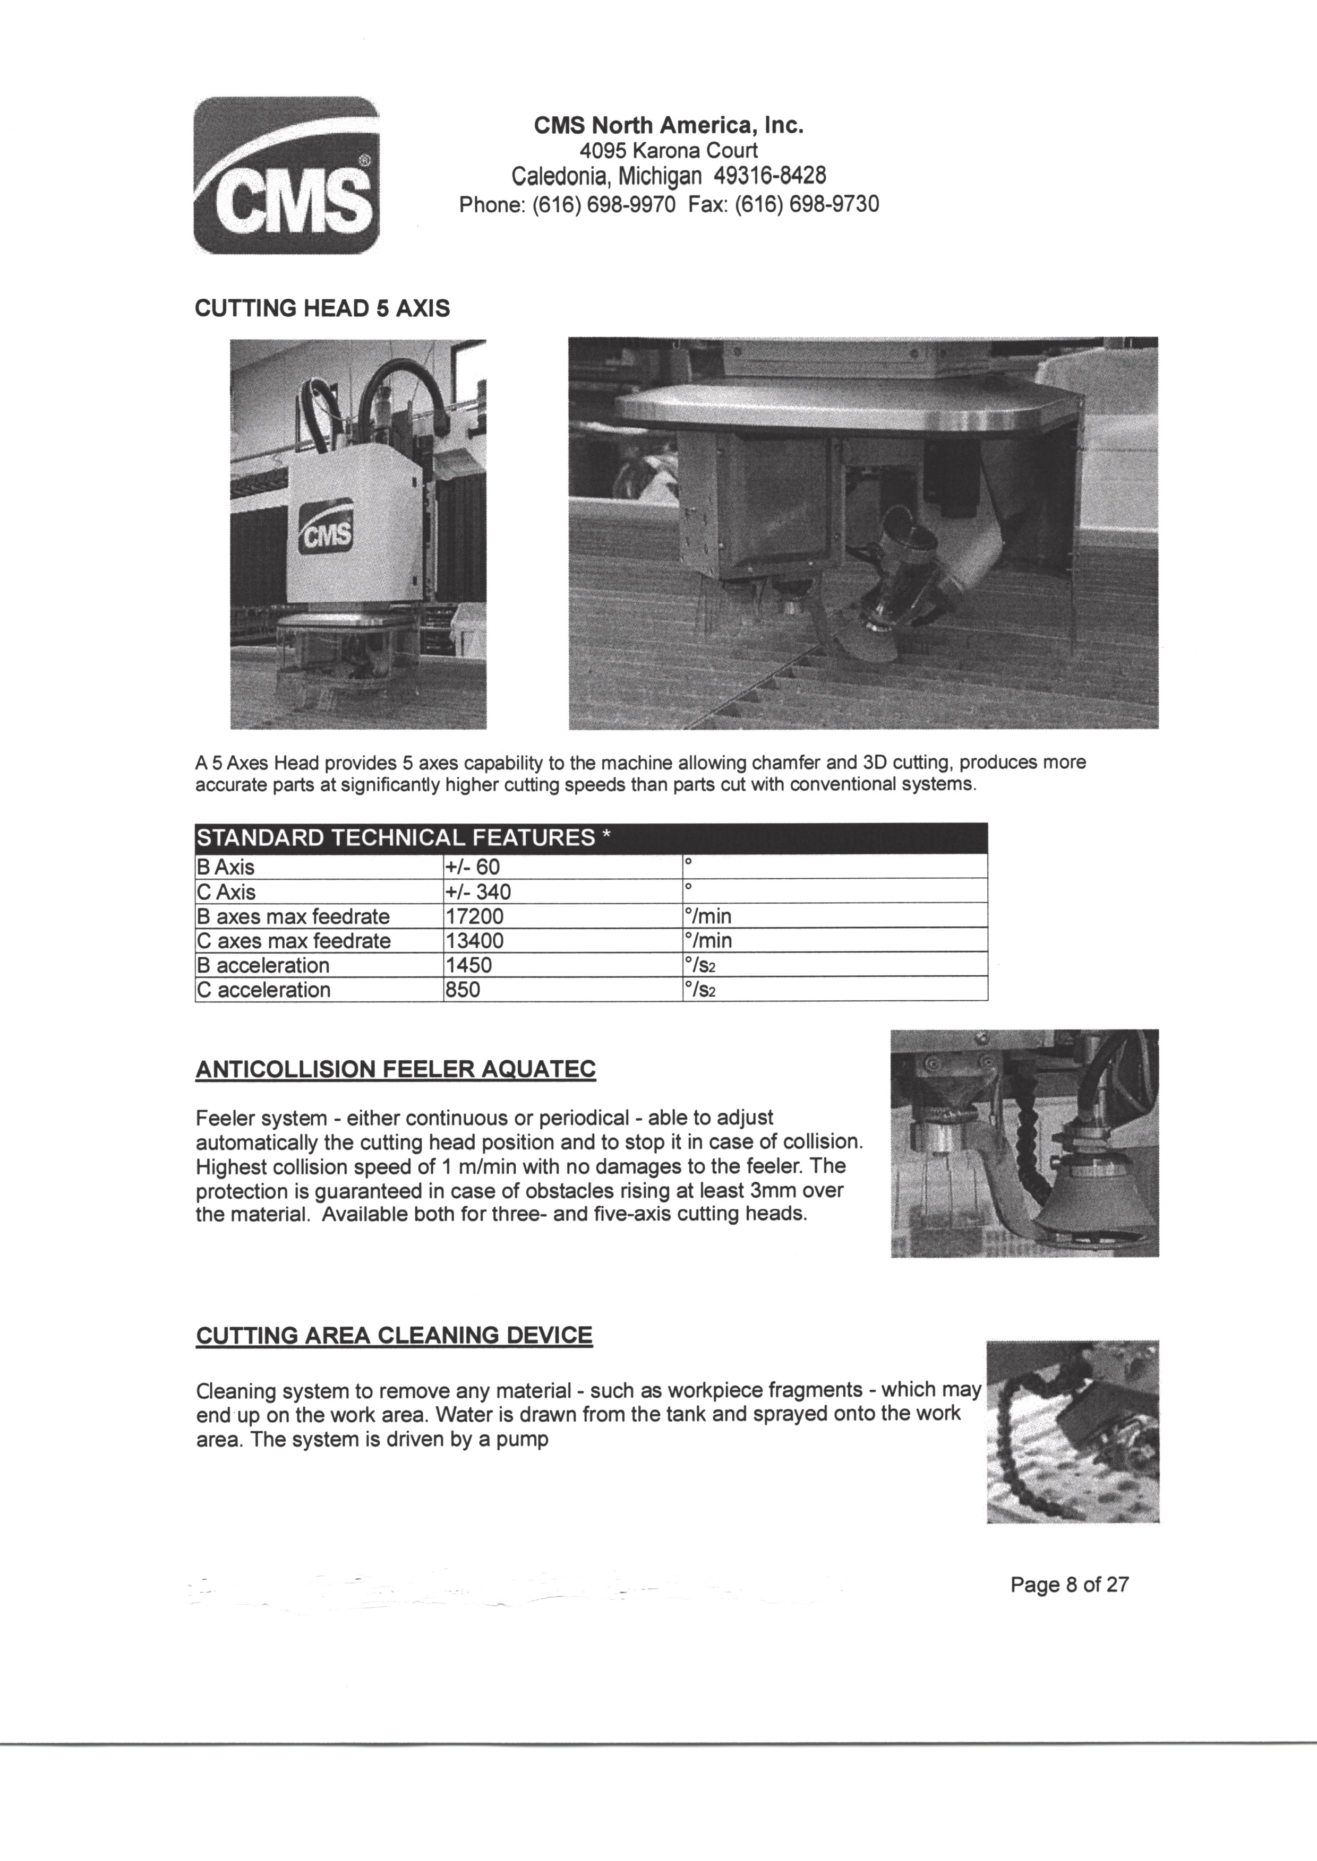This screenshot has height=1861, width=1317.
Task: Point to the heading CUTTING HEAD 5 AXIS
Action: [x=322, y=309]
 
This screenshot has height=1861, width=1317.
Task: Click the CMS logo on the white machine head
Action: [x=327, y=527]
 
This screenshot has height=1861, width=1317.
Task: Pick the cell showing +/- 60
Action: [x=473, y=867]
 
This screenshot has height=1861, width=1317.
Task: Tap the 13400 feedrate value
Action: [x=474, y=941]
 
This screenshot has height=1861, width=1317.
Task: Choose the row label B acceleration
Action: [x=263, y=965]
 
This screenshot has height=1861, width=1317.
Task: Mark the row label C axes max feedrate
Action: [x=294, y=941]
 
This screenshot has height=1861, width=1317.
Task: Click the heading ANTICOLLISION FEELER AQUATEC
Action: [x=396, y=1069]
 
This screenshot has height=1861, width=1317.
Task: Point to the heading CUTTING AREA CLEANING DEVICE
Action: [x=394, y=1335]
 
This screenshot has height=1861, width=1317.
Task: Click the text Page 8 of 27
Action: [x=1069, y=1585]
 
